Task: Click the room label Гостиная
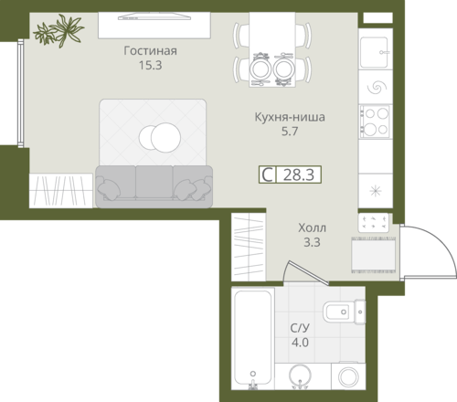(x=150, y=51)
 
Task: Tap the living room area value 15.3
(x=150, y=65)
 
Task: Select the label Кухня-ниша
(x=290, y=117)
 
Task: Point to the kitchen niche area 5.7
(x=290, y=132)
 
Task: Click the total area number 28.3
(x=299, y=175)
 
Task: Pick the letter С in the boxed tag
(x=268, y=175)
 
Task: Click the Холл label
(x=312, y=227)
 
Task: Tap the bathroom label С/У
(x=300, y=328)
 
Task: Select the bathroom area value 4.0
(x=300, y=343)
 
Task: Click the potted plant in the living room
(x=59, y=30)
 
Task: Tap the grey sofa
(x=154, y=186)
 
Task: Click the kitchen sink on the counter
(x=375, y=52)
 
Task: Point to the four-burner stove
(x=375, y=122)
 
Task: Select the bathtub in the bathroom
(x=253, y=338)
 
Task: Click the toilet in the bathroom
(x=344, y=312)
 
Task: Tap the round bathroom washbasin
(x=300, y=376)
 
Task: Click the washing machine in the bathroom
(x=348, y=376)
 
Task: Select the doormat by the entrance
(x=374, y=255)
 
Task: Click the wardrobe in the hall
(x=249, y=247)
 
